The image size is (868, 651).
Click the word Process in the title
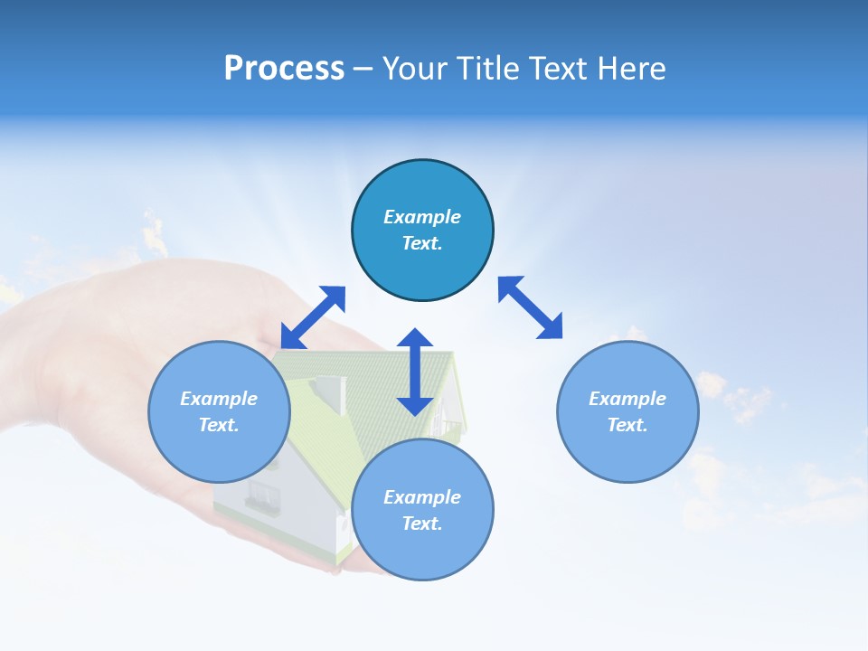[x=284, y=69]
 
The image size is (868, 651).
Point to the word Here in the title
[x=631, y=69]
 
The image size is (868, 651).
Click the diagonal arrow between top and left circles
[x=313, y=317]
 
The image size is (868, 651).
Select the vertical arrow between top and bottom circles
[x=415, y=372]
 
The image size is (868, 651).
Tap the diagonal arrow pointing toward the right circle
[x=531, y=308]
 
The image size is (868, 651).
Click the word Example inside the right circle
[x=627, y=399]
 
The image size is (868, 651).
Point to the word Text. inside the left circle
[x=219, y=425]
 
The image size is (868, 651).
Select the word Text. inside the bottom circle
[x=422, y=524]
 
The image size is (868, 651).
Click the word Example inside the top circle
[x=422, y=217]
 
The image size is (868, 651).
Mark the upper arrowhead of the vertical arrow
[x=415, y=339]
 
